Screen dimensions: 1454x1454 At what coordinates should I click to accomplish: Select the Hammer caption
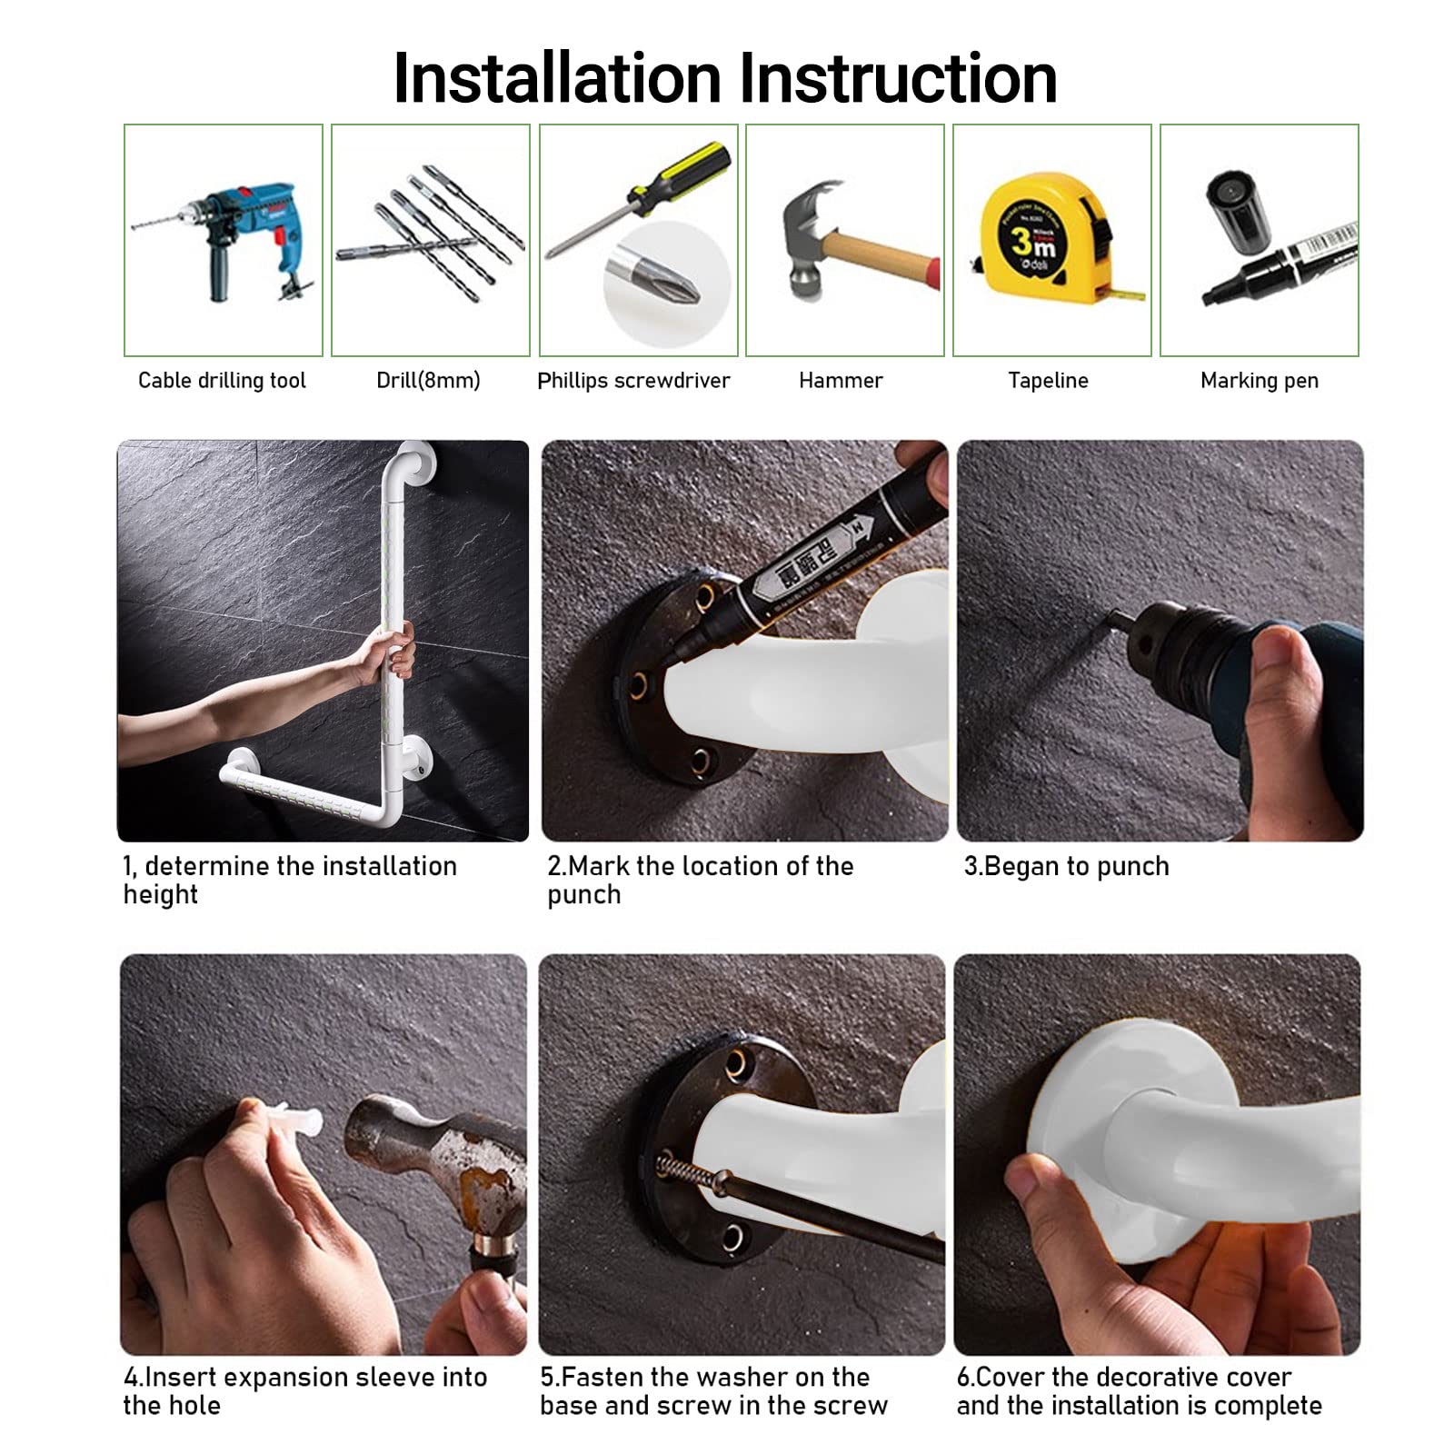tap(841, 380)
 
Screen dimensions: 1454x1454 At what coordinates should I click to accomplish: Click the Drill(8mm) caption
tap(428, 380)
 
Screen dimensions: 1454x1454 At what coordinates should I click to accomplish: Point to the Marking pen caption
tap(1259, 381)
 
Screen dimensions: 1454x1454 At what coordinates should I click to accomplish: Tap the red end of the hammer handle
tap(931, 274)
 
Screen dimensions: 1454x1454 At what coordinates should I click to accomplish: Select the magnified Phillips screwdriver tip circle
tap(666, 284)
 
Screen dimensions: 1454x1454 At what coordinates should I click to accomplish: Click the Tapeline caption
tap(1048, 380)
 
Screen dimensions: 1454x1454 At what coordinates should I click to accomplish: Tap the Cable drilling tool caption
tap(222, 380)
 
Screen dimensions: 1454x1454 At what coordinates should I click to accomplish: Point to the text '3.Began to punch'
tap(1066, 866)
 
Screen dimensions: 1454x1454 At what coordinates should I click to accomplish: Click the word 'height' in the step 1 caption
tap(161, 895)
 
